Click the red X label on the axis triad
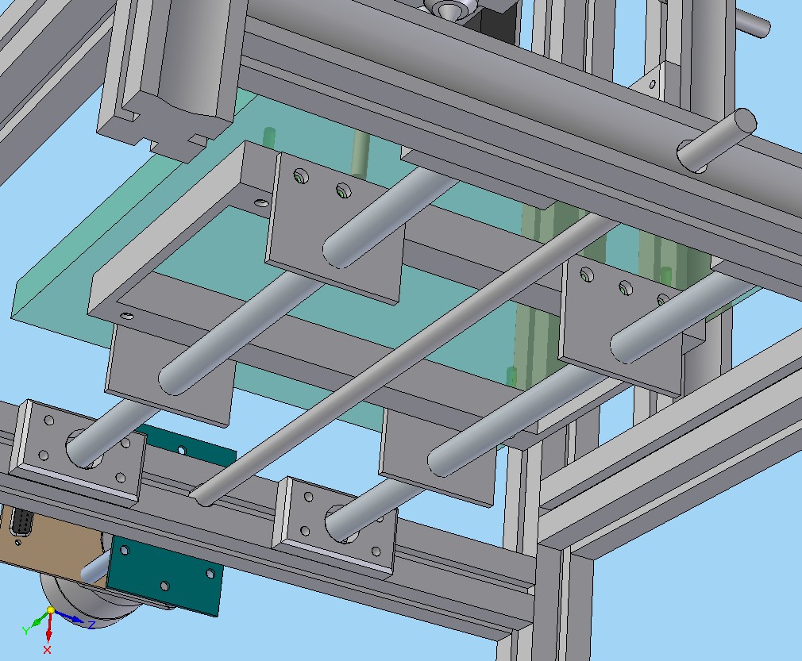click(x=48, y=650)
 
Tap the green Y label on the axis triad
click(x=26, y=631)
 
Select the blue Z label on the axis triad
click(x=92, y=624)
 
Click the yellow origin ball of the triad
click(x=51, y=610)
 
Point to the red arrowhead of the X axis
click(x=48, y=636)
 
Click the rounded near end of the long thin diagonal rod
click(x=199, y=495)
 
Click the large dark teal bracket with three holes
click(x=164, y=575)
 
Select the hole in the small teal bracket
click(x=181, y=451)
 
